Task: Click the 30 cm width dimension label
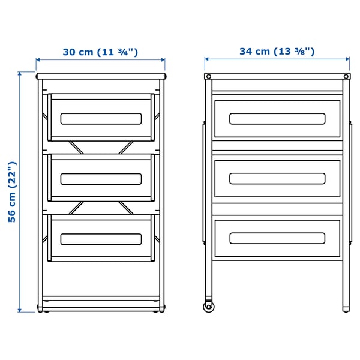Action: click(100, 52)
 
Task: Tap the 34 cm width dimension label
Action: click(277, 51)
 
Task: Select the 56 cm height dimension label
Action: click(13, 192)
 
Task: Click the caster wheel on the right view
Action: click(208, 307)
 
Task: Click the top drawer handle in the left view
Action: click(100, 118)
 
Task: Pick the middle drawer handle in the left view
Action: click(100, 179)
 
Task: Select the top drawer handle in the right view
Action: click(277, 118)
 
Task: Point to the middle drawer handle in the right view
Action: click(277, 178)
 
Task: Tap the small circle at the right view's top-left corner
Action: click(208, 77)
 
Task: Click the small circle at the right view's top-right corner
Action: click(346, 77)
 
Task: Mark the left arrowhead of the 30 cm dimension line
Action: click(38, 60)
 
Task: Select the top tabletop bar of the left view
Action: click(100, 77)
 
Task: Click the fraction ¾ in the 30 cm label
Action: click(128, 52)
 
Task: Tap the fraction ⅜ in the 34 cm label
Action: click(305, 51)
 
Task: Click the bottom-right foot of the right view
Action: click(346, 310)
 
